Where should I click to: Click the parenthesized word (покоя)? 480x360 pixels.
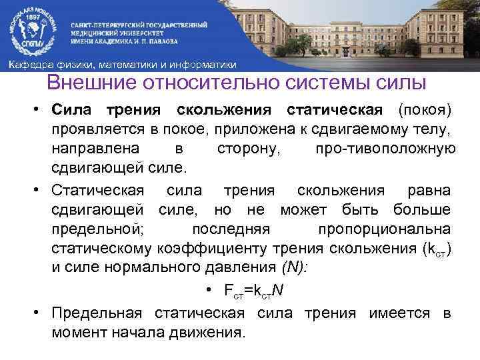[425, 109]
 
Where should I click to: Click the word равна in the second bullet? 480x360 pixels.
[425, 191]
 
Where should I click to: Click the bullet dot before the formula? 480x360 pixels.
[209, 291]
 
